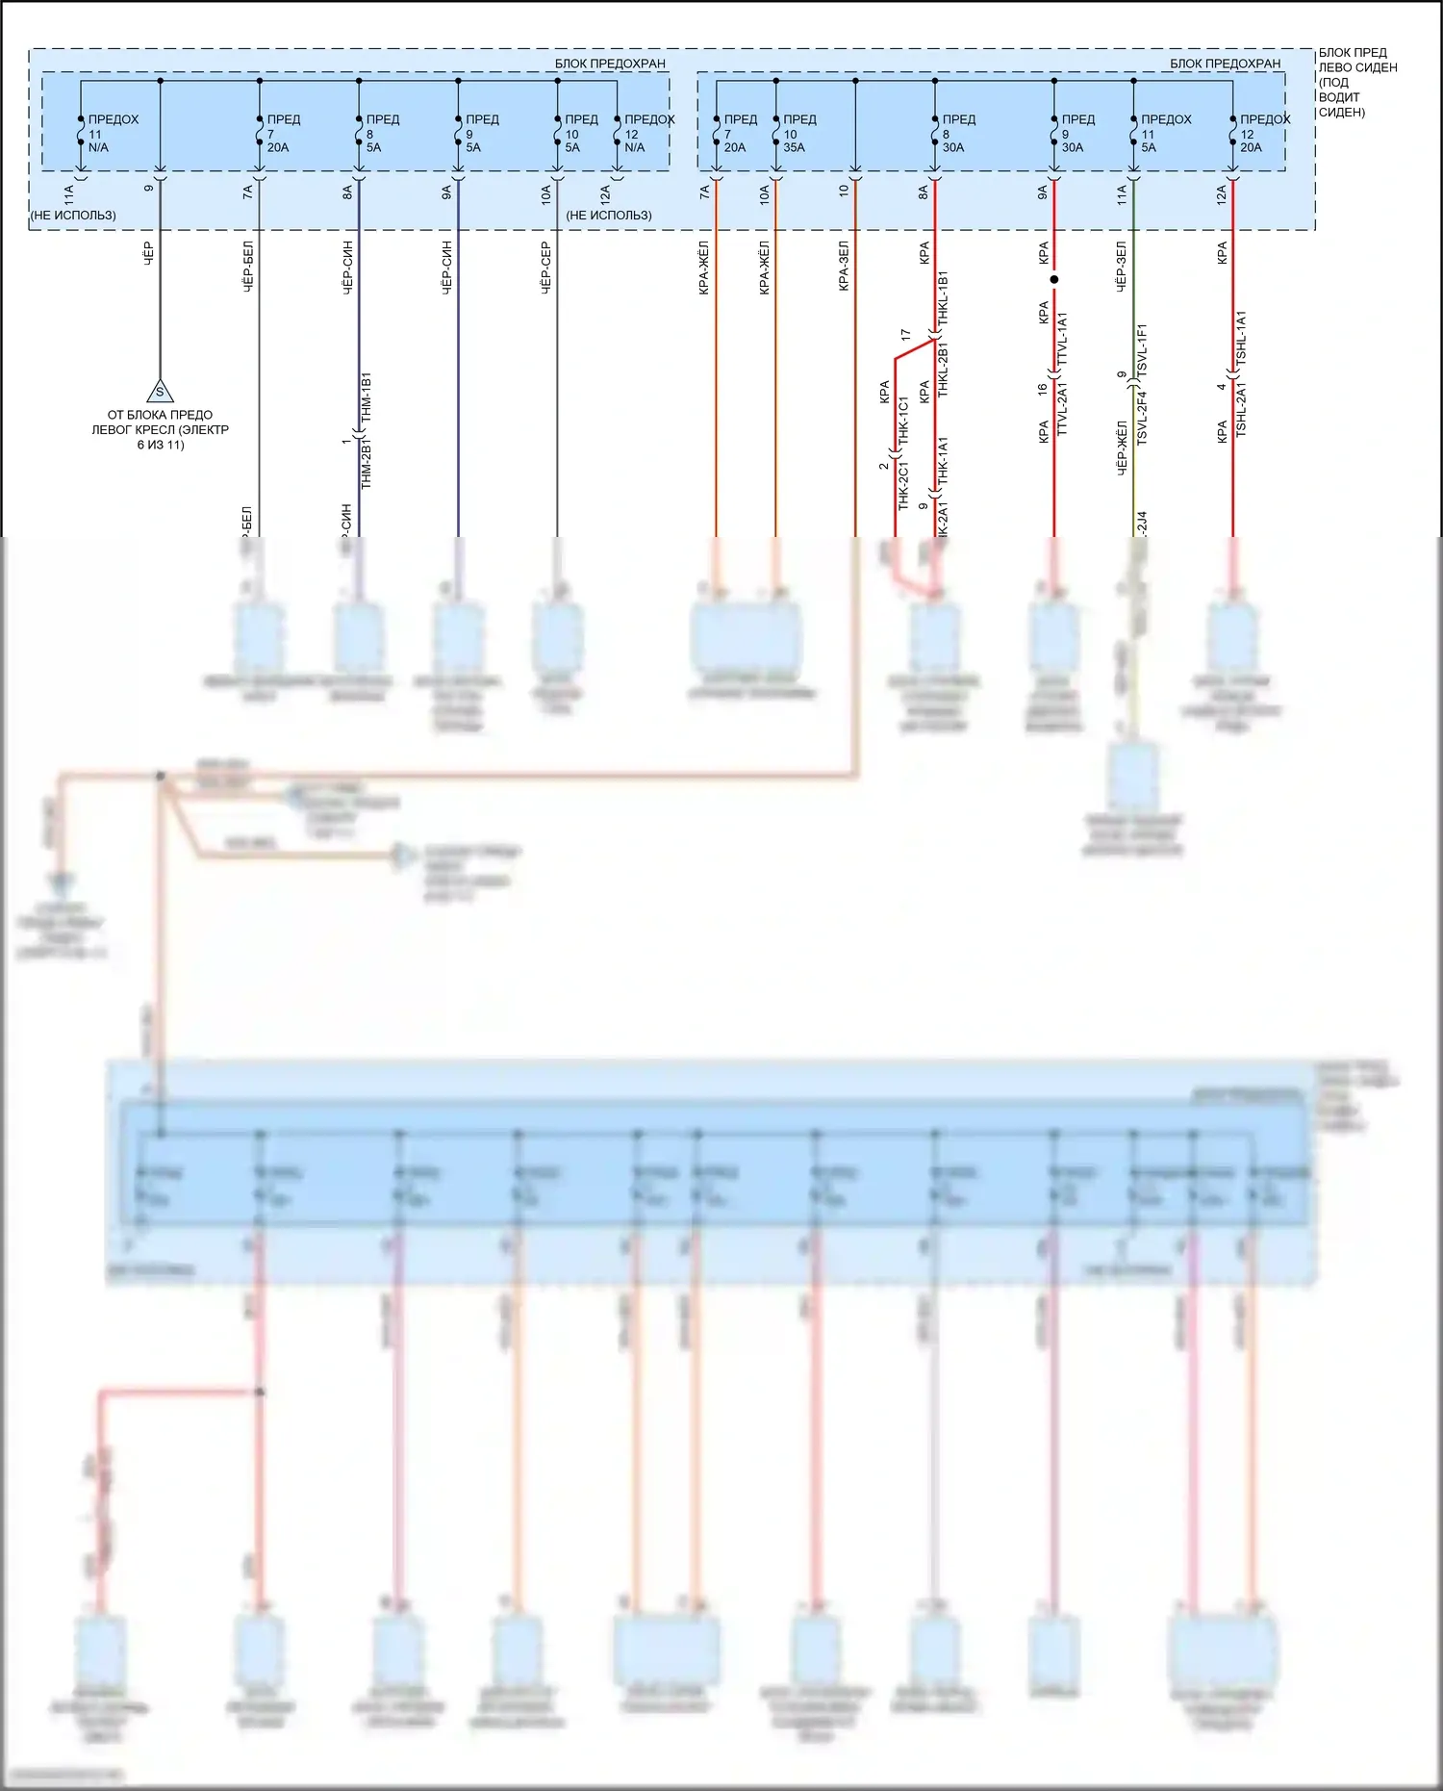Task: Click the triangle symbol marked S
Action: click(x=160, y=392)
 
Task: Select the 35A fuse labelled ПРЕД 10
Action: click(x=798, y=133)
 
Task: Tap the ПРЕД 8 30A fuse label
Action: click(x=958, y=133)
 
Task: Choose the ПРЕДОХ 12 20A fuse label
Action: click(x=1263, y=133)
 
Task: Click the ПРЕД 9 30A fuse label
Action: click(x=1076, y=133)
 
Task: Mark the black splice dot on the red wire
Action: click(x=1054, y=280)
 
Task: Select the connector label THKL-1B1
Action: click(x=943, y=298)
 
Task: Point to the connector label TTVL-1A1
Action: click(x=1063, y=339)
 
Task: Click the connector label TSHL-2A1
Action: click(x=1241, y=410)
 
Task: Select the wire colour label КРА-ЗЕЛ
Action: click(x=844, y=266)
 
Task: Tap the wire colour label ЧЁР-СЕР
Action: click(x=546, y=267)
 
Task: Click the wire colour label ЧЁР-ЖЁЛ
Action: click(x=1122, y=448)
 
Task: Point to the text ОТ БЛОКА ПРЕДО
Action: click(x=160, y=415)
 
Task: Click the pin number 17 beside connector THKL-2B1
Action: click(x=905, y=335)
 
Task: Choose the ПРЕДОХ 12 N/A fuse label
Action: click(x=648, y=133)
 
